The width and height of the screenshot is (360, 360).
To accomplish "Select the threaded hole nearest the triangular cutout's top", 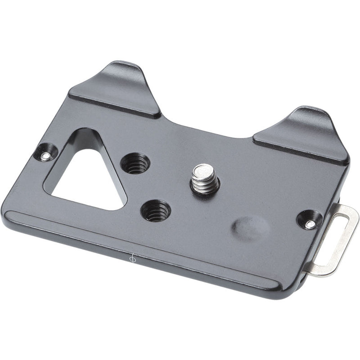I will tap(135, 163).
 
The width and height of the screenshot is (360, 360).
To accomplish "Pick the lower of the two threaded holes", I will tap(156, 210).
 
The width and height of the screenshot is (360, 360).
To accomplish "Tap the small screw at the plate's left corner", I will tap(46, 156).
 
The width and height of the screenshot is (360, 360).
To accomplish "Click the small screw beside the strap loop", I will tap(310, 223).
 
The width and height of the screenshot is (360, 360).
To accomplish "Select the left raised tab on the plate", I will tap(116, 90).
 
